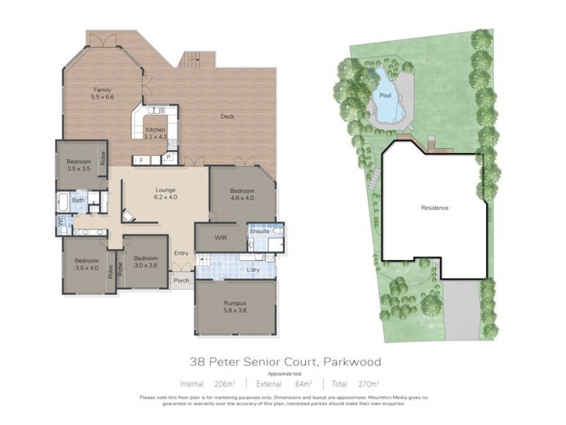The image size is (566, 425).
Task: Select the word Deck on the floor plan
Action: click(x=227, y=117)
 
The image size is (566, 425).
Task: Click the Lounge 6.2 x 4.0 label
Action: click(x=166, y=193)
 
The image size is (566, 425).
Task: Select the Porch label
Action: click(x=181, y=280)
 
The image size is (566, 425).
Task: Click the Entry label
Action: click(x=181, y=253)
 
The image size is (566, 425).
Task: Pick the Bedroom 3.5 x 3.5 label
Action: click(x=79, y=166)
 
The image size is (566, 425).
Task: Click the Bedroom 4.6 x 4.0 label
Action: click(x=242, y=194)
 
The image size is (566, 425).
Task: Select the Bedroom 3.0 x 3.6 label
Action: click(x=145, y=262)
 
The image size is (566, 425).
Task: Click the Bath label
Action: click(x=78, y=200)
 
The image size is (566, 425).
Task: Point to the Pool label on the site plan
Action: click(x=385, y=94)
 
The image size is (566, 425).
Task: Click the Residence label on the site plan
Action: click(x=435, y=208)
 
